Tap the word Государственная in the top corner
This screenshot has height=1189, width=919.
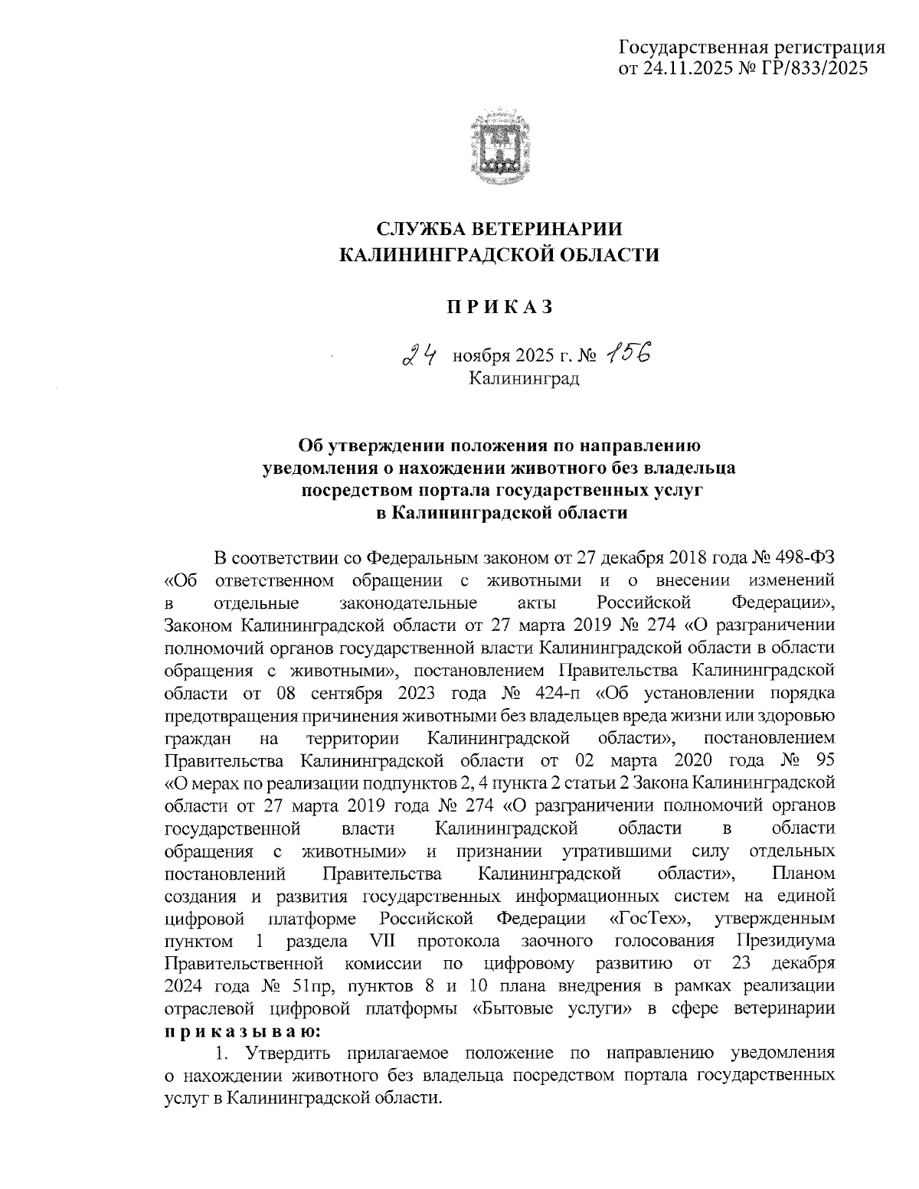pyautogui.click(x=693, y=47)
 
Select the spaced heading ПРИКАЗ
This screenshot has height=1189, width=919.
pyautogui.click(x=499, y=307)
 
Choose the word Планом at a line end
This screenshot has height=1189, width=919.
pyautogui.click(x=804, y=874)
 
